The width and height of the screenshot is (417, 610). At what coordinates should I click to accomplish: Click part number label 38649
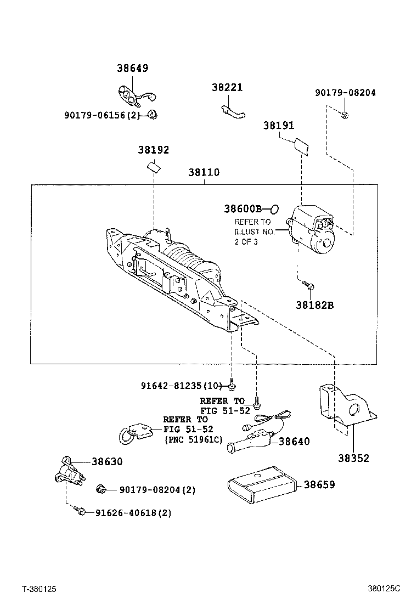coord(132,69)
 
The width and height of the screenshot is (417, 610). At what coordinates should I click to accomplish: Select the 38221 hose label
coord(227,88)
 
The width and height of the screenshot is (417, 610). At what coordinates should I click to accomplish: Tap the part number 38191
coord(279,126)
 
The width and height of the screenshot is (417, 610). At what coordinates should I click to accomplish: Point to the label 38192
coord(153,150)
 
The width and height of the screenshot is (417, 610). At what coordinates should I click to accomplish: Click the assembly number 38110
coord(204,172)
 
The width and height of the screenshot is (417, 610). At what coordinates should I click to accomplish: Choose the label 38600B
coord(243,208)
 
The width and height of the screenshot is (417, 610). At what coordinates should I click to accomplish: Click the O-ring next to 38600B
coord(275,208)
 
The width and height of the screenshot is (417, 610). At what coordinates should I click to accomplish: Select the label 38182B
coord(314,306)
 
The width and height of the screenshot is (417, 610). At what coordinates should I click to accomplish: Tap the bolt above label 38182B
coord(308,285)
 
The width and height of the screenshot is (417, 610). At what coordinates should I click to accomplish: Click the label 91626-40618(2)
coord(133,513)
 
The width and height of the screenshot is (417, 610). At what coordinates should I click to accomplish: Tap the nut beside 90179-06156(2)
coord(153,115)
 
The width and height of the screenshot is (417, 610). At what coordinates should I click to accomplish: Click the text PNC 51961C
coord(194,439)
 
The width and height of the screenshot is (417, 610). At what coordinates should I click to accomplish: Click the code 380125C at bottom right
coord(384,589)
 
